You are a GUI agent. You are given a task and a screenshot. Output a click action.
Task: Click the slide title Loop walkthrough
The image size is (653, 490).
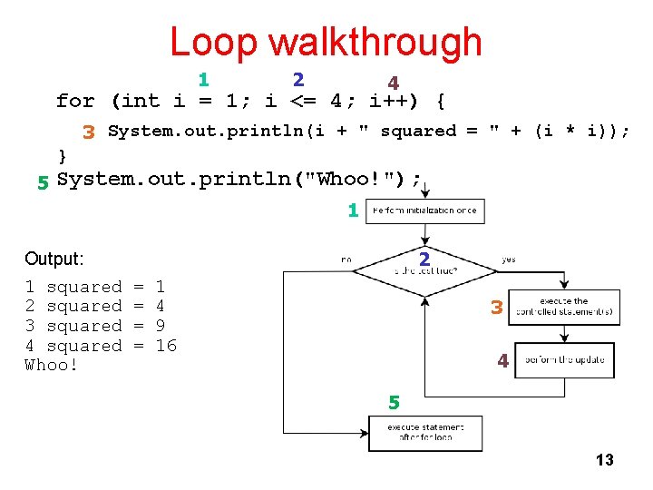[x=326, y=42]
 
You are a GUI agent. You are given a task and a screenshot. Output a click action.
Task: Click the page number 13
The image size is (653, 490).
[x=604, y=460]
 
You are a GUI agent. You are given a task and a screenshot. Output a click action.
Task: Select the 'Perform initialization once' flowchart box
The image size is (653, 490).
[x=424, y=211]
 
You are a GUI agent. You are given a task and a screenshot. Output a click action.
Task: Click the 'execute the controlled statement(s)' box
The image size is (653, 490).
[x=563, y=307]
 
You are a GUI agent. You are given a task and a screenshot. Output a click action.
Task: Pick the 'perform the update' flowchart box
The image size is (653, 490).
[x=563, y=359]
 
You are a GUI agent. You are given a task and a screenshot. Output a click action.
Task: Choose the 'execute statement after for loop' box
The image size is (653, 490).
[x=424, y=432]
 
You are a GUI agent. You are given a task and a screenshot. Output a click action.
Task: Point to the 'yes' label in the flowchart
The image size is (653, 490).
[x=508, y=260]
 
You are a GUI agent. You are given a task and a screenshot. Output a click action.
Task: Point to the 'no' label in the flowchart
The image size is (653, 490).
[x=346, y=260]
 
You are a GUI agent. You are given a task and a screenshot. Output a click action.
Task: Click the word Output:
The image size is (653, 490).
[x=54, y=259]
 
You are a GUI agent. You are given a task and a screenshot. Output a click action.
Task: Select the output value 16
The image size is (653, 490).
[x=166, y=346]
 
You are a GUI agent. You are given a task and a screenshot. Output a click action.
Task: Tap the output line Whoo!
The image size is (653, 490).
[x=51, y=365]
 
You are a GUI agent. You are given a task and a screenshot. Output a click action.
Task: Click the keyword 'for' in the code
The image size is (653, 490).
[x=74, y=101]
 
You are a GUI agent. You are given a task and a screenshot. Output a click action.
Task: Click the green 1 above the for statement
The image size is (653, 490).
[x=204, y=80]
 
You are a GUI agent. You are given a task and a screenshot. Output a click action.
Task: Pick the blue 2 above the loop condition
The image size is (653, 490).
[x=297, y=80]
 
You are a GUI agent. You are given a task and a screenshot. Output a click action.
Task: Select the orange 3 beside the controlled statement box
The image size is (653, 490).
[x=496, y=308]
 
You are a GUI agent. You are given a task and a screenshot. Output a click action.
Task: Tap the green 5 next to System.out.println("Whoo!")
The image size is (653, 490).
[x=42, y=182]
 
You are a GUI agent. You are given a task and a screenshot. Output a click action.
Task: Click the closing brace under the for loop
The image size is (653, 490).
[x=62, y=155]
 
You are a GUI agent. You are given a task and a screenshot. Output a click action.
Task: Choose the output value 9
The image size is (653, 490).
[x=161, y=326]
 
